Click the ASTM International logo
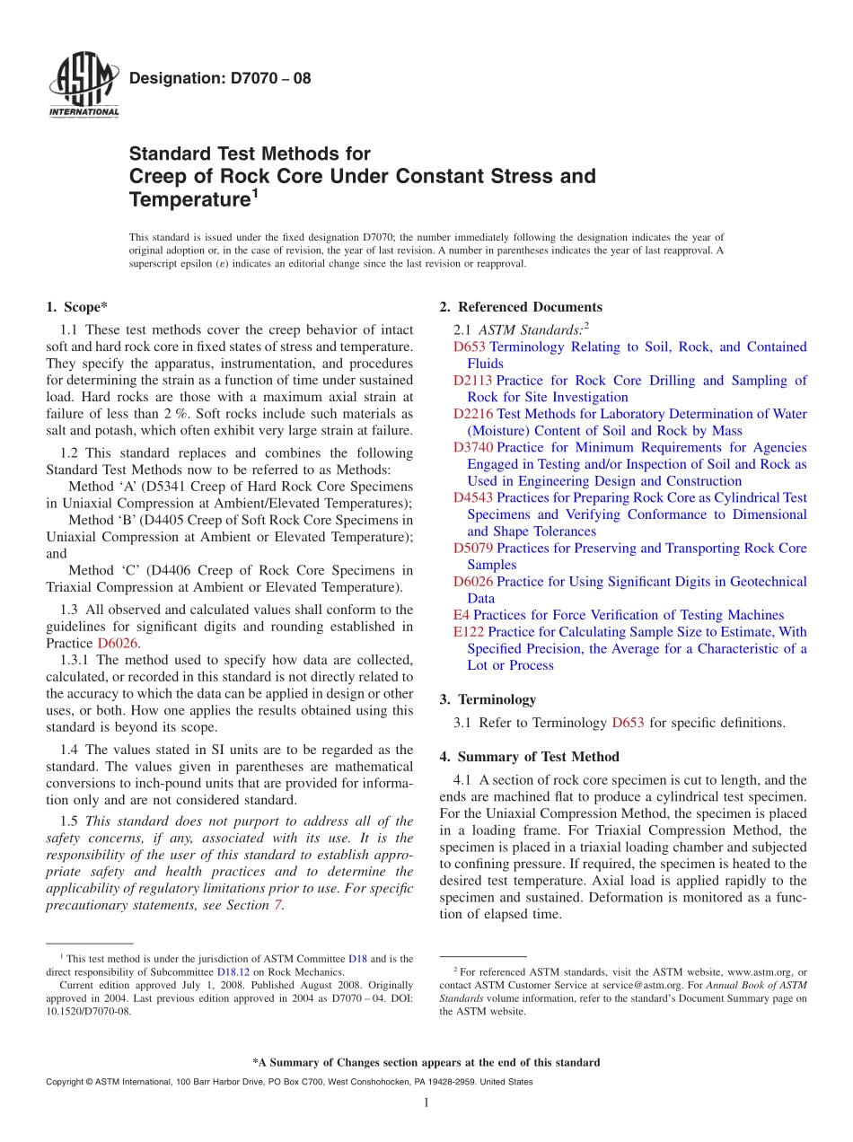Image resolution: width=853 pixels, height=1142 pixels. click(x=83, y=86)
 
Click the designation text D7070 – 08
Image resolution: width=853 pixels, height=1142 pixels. click(x=220, y=78)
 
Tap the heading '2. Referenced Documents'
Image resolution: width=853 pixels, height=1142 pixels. click(x=521, y=307)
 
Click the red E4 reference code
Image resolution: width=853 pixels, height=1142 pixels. click(x=462, y=615)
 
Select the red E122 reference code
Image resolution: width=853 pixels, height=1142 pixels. click(x=469, y=632)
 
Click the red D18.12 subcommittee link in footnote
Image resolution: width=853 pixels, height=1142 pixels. click(x=231, y=972)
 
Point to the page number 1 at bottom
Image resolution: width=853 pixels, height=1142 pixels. click(x=426, y=1103)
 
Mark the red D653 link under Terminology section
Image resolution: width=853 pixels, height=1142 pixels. click(x=628, y=723)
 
